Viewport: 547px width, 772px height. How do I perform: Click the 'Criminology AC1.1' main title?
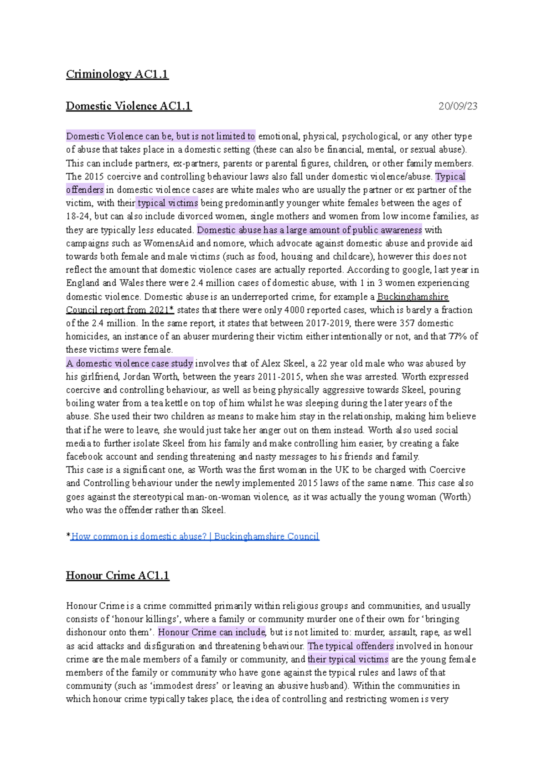point(117,74)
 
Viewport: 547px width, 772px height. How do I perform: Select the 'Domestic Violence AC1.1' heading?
point(129,106)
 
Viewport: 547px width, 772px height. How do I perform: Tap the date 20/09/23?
point(458,106)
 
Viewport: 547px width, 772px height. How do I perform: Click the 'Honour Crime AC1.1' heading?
point(117,576)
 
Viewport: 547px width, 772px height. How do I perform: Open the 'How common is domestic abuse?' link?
point(195,536)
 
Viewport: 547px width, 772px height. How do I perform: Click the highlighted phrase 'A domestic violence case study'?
point(129,363)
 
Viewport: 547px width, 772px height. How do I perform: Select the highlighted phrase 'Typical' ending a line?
point(450,176)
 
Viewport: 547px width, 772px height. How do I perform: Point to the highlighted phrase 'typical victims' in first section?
point(168,203)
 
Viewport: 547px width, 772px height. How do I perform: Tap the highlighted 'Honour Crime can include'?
point(212,632)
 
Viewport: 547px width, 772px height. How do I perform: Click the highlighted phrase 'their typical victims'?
point(348,659)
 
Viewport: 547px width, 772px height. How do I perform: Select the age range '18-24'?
point(77,216)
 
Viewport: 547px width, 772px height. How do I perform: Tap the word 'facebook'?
point(84,457)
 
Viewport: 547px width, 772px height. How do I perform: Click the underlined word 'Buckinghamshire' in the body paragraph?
point(413,297)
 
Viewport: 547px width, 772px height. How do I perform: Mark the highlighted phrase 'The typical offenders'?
point(351,646)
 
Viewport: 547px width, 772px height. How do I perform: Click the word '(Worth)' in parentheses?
point(455,497)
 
